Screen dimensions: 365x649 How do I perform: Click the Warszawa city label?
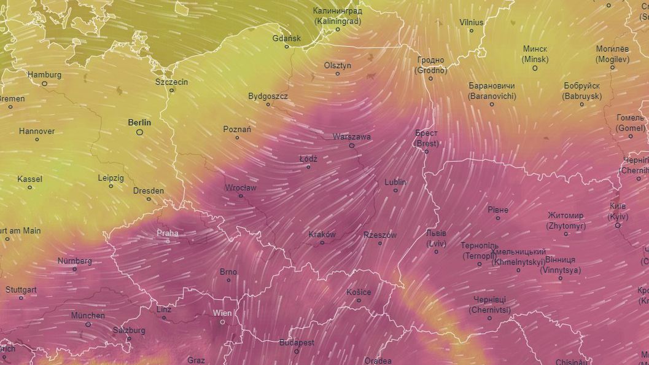(351, 136)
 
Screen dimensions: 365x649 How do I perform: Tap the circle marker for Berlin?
(140, 131)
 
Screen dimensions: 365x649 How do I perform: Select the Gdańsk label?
(287, 38)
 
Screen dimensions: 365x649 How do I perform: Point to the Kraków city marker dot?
(322, 243)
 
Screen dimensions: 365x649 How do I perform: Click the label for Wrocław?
(241, 187)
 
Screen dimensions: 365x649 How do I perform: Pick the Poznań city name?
(237, 129)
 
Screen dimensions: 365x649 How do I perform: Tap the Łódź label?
(308, 158)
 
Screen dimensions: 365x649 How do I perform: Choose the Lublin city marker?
(395, 190)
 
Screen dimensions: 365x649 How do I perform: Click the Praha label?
(168, 233)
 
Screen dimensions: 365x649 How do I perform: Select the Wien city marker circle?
(222, 322)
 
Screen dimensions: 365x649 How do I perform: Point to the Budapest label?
(297, 342)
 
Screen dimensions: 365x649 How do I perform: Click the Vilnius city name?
(472, 23)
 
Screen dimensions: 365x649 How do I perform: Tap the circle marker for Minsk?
(535, 68)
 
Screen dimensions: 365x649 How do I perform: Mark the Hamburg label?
(44, 74)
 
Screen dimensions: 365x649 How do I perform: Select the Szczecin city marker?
(172, 90)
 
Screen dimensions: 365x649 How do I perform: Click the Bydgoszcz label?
(268, 96)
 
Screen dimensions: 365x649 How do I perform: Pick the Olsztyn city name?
(338, 65)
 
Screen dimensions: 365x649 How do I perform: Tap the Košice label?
(359, 291)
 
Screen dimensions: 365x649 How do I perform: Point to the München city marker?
(88, 324)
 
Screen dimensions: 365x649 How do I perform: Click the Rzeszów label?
(380, 235)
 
